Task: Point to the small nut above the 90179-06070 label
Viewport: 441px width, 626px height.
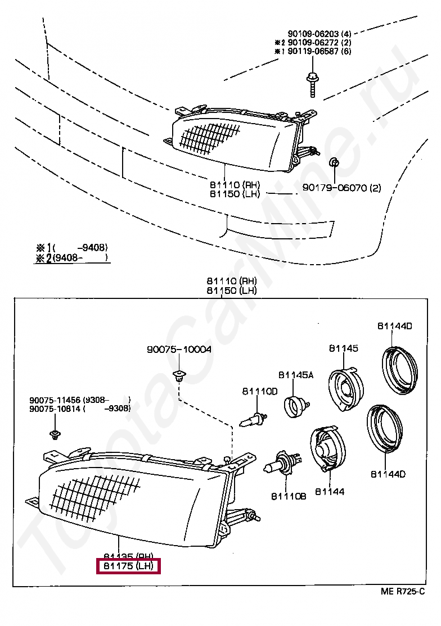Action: point(332,164)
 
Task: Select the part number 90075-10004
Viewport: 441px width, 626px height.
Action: point(179,350)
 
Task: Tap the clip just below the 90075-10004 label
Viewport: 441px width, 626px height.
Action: point(179,375)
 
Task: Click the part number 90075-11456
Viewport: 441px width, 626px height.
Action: point(55,400)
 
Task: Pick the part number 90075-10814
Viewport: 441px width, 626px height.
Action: point(55,409)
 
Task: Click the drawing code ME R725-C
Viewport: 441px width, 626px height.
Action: point(402,591)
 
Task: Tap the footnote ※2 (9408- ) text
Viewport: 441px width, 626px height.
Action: point(71,258)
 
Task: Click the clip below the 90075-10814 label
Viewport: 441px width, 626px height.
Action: point(55,434)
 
